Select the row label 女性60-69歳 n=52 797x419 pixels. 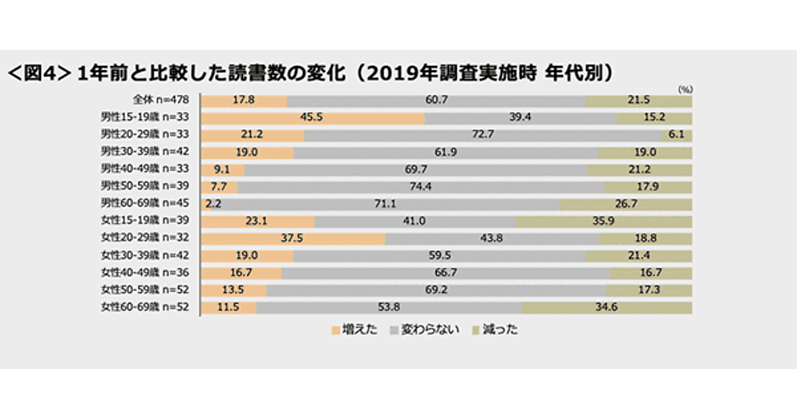tap(145, 307)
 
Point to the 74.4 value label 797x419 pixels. tap(421, 187)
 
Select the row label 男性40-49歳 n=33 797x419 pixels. tap(145, 170)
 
